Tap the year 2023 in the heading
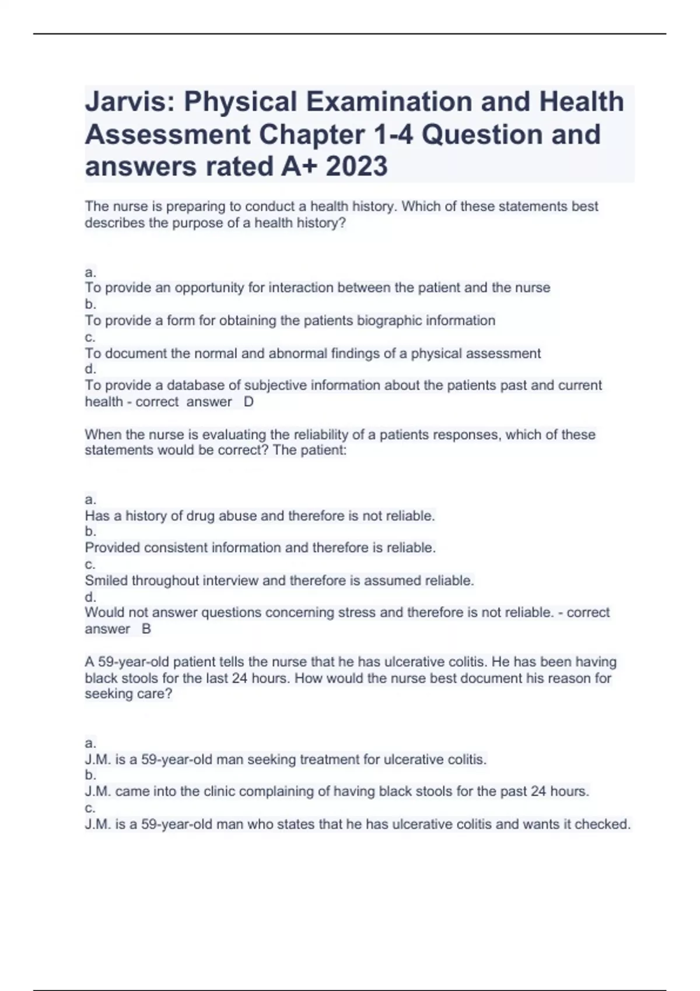tap(356, 167)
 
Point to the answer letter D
tap(249, 402)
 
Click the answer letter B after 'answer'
tap(146, 629)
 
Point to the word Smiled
tap(106, 581)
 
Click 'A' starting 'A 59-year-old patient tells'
tap(89, 662)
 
